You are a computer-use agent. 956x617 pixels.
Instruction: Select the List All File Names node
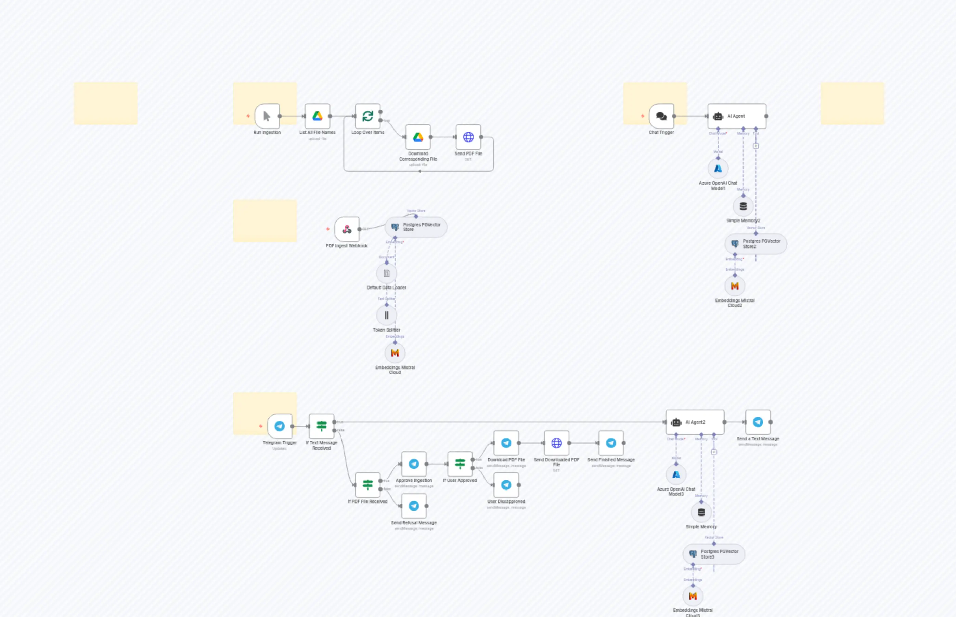[x=317, y=116]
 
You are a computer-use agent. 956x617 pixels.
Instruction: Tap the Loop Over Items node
[x=368, y=116]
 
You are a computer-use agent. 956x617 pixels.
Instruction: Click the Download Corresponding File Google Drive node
[x=418, y=137]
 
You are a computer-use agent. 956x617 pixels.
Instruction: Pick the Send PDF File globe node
[x=468, y=137]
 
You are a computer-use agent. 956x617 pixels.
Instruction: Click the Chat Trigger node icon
[x=661, y=116]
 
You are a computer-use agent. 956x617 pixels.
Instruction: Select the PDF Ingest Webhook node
[x=347, y=229]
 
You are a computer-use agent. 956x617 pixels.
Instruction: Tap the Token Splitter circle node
[x=387, y=315]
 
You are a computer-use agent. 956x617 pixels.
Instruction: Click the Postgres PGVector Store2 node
[x=755, y=244]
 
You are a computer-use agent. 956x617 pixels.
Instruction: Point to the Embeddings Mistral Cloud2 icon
[x=735, y=286]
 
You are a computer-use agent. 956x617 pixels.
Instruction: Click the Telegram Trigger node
[x=280, y=426]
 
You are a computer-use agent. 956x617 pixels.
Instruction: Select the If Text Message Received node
[x=321, y=426]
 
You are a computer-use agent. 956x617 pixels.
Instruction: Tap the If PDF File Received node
[x=368, y=485]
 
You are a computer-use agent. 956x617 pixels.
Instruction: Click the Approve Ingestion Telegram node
[x=414, y=464]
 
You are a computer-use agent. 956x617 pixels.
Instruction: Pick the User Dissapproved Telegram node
[x=506, y=485]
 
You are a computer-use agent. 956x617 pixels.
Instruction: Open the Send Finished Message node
[x=611, y=443]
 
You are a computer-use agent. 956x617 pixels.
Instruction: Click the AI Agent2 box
[x=695, y=422]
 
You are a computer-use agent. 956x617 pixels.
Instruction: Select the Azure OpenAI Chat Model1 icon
[x=718, y=169]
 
